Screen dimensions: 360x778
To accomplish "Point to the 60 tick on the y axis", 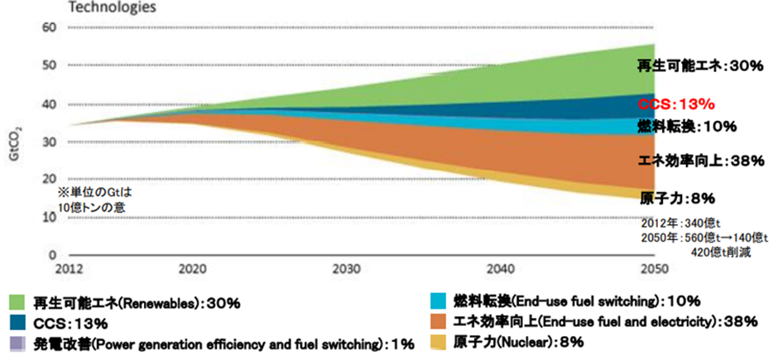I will (49, 28).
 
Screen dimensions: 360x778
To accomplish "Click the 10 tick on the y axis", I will (49, 218).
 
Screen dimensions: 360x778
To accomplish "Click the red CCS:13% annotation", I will (675, 105).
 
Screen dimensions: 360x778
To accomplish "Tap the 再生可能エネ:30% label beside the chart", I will (699, 65).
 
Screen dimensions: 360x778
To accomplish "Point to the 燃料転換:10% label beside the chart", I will (687, 127).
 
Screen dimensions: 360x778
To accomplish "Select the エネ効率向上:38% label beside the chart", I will (700, 161).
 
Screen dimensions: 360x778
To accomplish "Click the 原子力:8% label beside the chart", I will (677, 199).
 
